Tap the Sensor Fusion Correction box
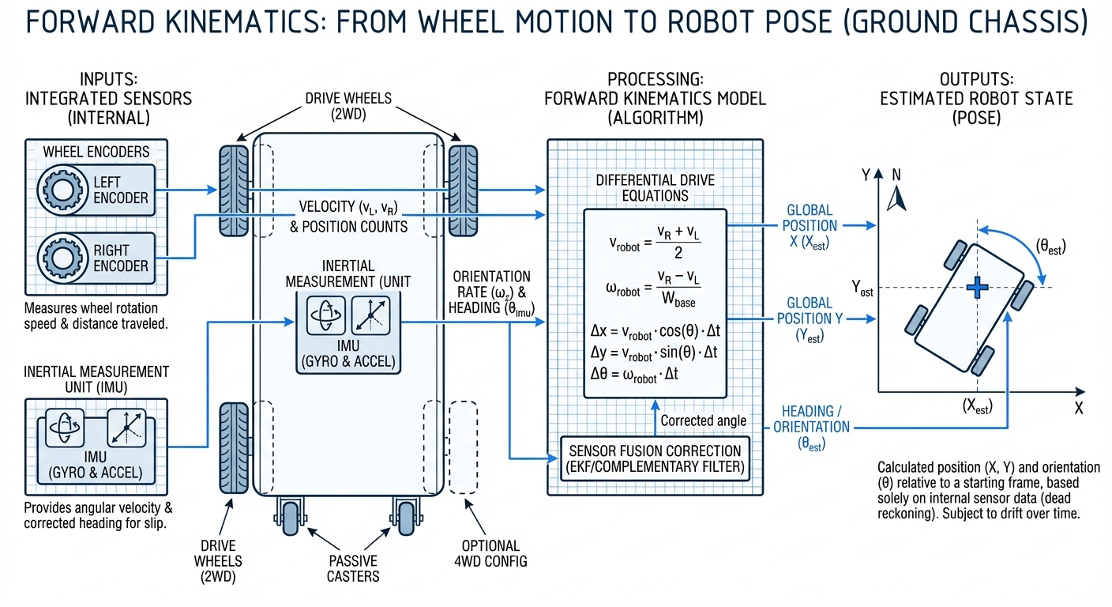(x=655, y=458)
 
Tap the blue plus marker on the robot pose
(x=978, y=288)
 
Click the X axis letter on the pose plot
(x=1078, y=409)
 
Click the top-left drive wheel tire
(x=234, y=190)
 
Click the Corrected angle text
(x=703, y=420)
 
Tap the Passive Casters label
(x=353, y=568)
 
